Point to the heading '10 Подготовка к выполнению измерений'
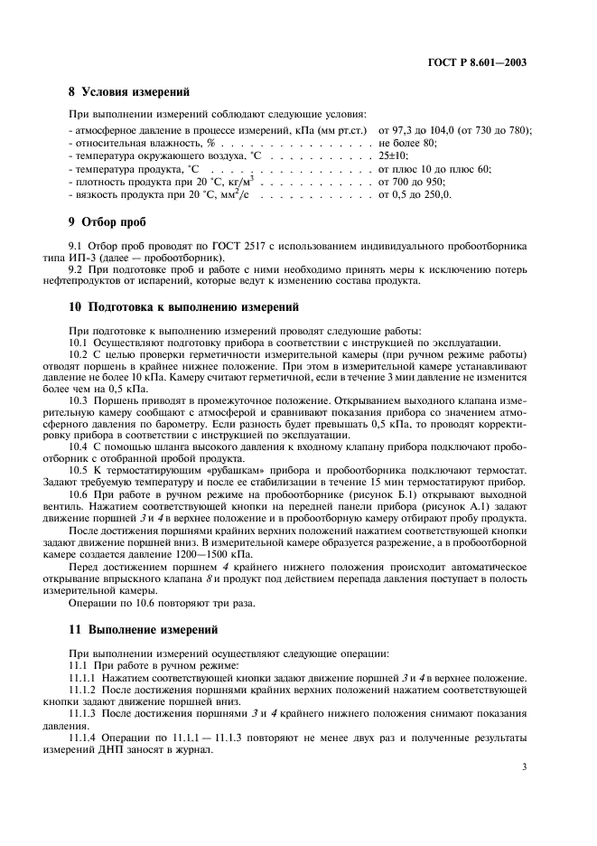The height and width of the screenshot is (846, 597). [184, 308]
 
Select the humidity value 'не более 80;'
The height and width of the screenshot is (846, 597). [407, 143]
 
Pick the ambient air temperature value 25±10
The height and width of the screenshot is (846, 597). [394, 155]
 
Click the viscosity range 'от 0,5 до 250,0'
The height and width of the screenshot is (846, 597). [415, 194]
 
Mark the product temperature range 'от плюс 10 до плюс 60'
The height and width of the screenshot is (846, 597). [434, 169]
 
